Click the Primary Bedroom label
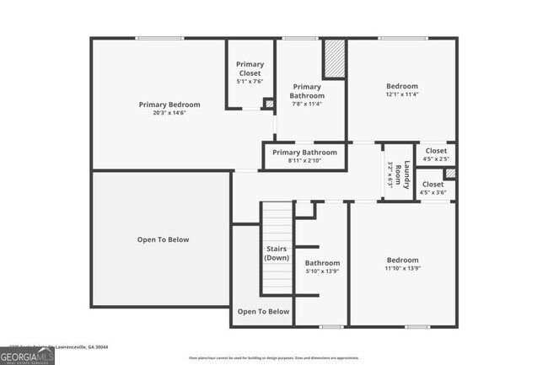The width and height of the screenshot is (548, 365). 169,105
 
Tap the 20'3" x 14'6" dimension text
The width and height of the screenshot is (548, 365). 169,113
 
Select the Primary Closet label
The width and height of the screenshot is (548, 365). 250,68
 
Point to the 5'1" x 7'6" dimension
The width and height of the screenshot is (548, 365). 250,82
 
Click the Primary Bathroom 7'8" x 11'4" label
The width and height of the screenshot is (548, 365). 307,91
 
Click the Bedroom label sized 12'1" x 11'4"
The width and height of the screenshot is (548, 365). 402,86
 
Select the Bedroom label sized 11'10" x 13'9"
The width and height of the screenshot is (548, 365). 402,260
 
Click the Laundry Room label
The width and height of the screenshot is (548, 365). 406,174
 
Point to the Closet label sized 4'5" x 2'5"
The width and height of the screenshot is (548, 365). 436,151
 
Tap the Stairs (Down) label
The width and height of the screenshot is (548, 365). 277,254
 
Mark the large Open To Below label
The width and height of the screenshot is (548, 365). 164,239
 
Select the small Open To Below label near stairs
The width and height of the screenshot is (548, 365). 263,312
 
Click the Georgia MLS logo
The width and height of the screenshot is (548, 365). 27,357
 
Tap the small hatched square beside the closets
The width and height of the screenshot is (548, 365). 450,174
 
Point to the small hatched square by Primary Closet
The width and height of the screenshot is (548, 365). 269,104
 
